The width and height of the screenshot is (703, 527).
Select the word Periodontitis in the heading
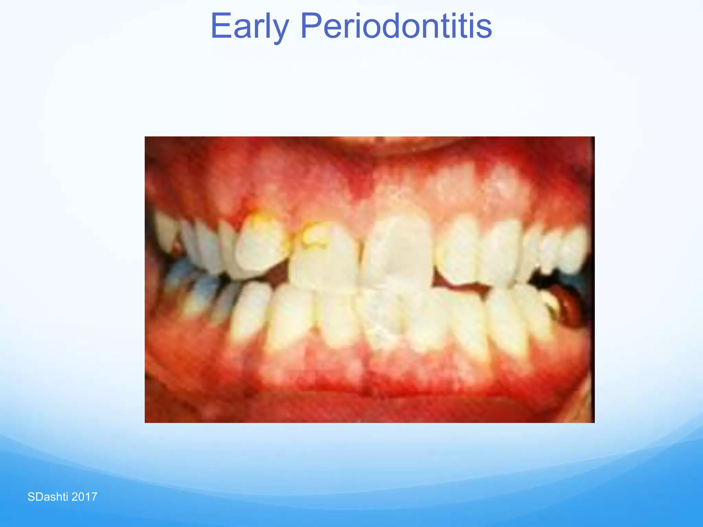(x=396, y=26)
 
